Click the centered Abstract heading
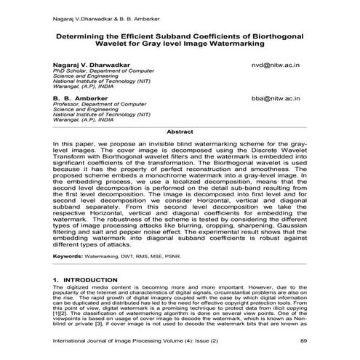180,132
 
